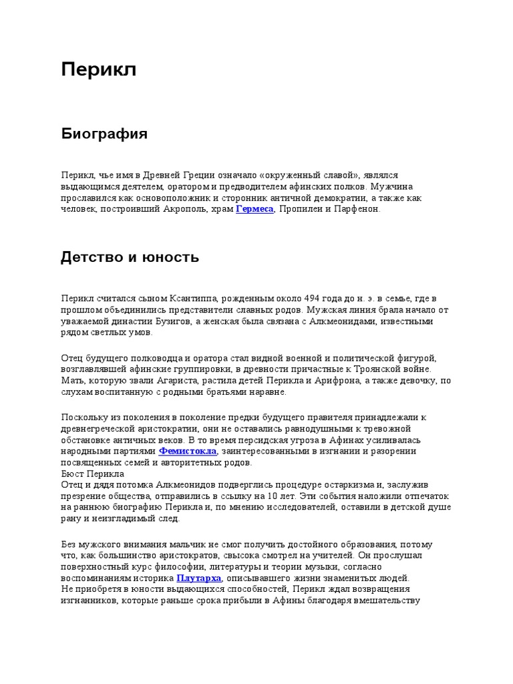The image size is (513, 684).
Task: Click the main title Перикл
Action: [x=99, y=69]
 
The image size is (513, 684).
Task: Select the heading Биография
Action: [x=104, y=134]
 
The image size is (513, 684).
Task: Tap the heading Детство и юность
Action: [x=130, y=257]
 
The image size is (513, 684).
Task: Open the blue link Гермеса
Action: [x=254, y=209]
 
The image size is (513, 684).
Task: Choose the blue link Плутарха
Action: [x=198, y=578]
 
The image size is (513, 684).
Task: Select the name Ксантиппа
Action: [x=181, y=298]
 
